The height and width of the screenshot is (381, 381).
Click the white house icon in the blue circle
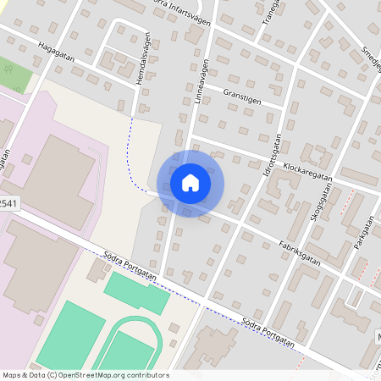tap(190, 182)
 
